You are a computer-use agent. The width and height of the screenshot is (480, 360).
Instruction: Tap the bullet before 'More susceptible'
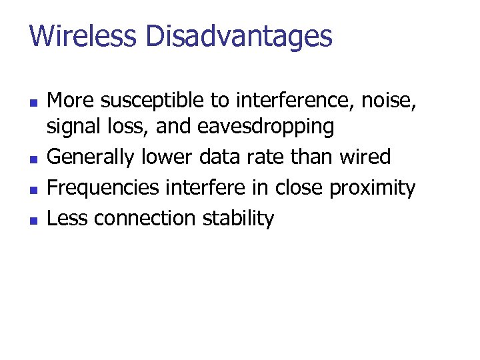(x=33, y=103)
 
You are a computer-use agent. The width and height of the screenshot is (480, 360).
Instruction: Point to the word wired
(x=365, y=157)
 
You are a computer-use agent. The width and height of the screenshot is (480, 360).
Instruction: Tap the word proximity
(x=372, y=188)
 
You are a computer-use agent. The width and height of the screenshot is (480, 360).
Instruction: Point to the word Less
(x=68, y=219)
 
